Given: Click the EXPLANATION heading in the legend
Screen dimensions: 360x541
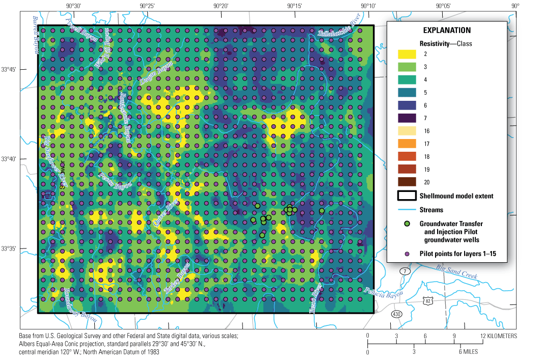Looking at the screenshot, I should pyautogui.click(x=447, y=31).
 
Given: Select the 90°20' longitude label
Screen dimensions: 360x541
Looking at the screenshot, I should pyautogui.click(x=221, y=6).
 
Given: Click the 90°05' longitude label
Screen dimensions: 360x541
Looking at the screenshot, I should pyautogui.click(x=443, y=6).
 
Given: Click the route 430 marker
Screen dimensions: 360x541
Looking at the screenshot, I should pyautogui.click(x=396, y=314).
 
